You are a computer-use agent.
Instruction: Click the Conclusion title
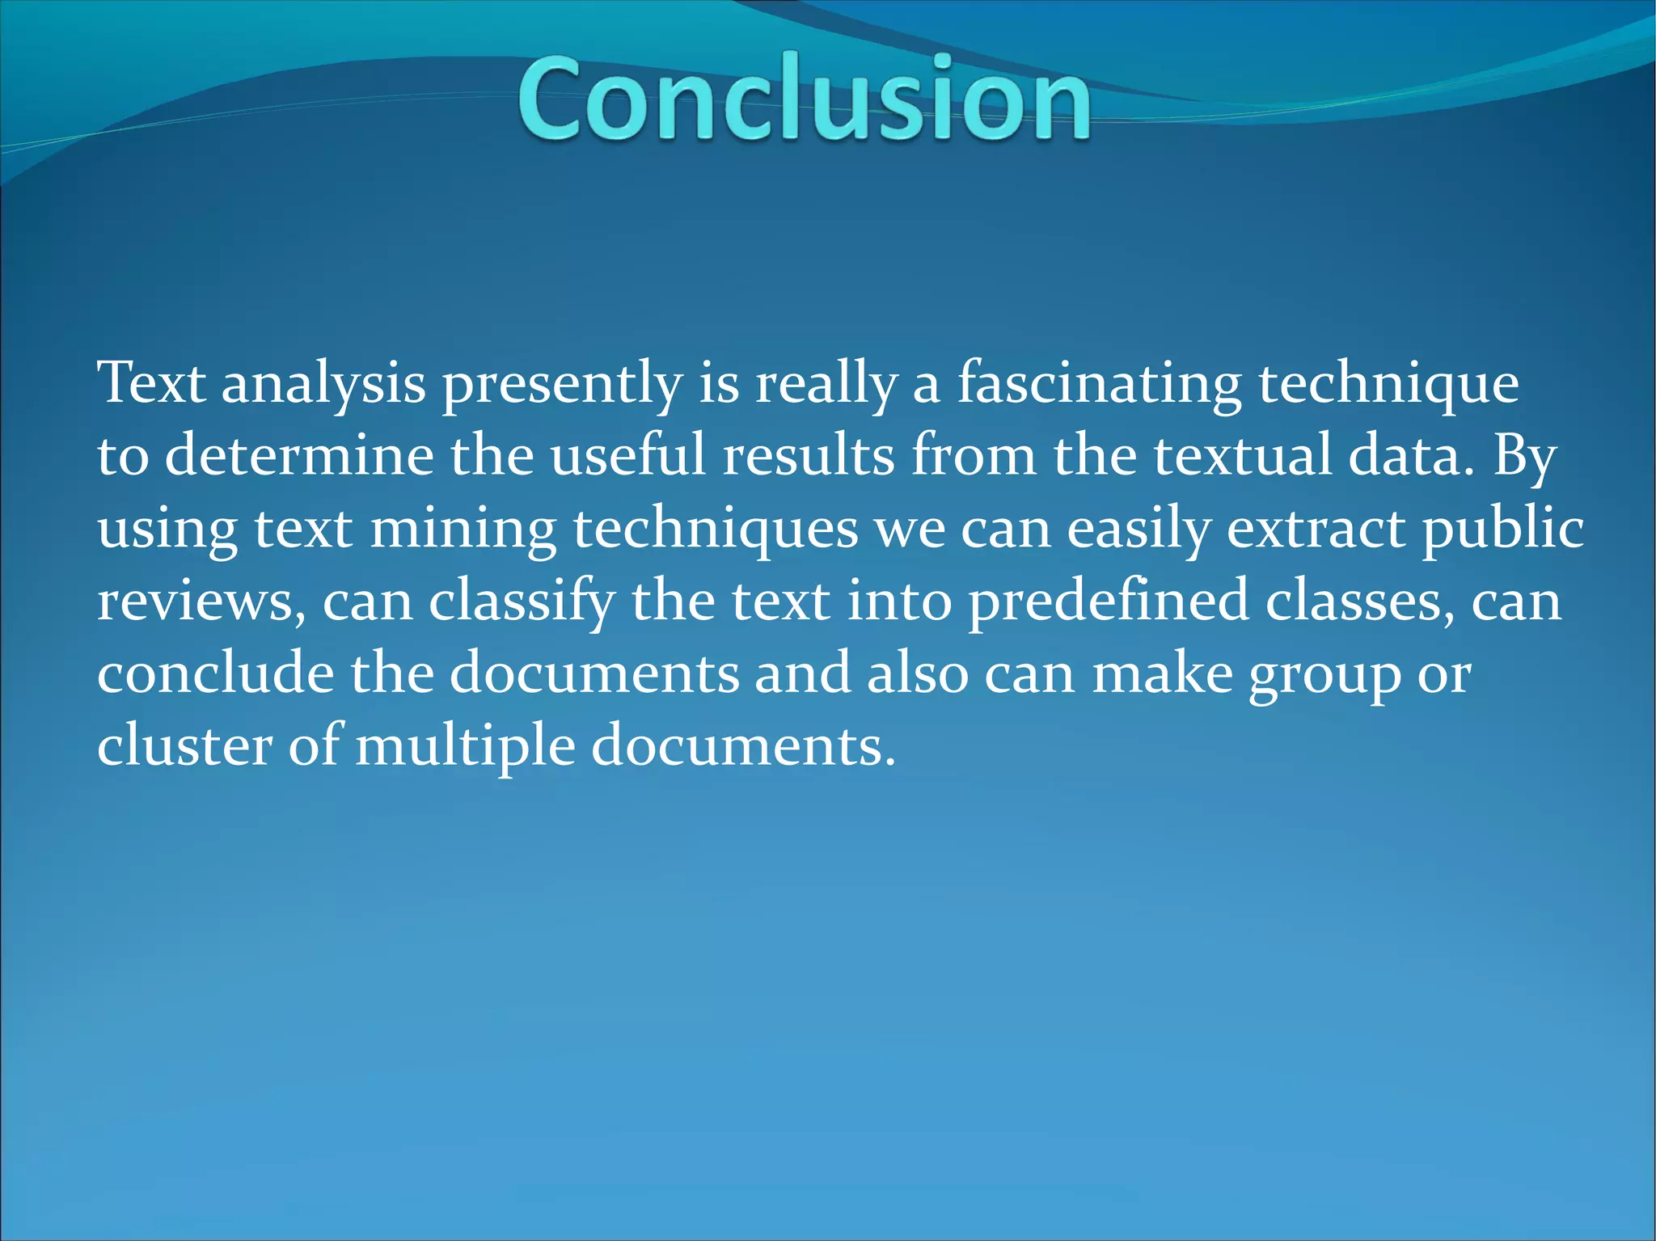(805, 99)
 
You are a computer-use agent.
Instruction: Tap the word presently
(561, 384)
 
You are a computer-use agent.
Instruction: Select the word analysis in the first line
(323, 384)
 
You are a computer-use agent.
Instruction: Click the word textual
(1241, 455)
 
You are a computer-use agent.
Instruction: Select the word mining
(463, 530)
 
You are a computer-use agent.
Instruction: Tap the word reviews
(194, 602)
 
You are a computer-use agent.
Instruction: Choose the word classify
(522, 602)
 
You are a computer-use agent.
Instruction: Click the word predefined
(1108, 602)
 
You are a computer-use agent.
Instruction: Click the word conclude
(215, 673)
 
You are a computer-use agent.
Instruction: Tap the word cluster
(184, 745)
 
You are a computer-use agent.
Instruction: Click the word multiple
(465, 746)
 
